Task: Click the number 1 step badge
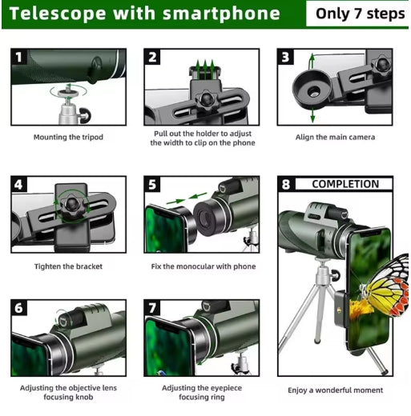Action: point(18,57)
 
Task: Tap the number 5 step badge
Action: point(152,184)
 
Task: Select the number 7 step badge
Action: point(152,307)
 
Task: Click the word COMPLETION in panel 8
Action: point(345,184)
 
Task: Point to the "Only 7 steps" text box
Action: point(357,14)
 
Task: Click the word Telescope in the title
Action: point(58,14)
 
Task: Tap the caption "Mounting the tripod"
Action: point(68,137)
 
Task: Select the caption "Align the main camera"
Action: point(335,137)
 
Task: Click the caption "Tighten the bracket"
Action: point(68,266)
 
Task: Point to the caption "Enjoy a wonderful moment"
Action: point(335,390)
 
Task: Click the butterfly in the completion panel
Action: point(387,286)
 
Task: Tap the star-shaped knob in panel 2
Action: point(206,100)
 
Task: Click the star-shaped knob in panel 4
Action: point(72,205)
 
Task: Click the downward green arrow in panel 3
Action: point(312,114)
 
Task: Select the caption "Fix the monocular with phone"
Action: point(203,266)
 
